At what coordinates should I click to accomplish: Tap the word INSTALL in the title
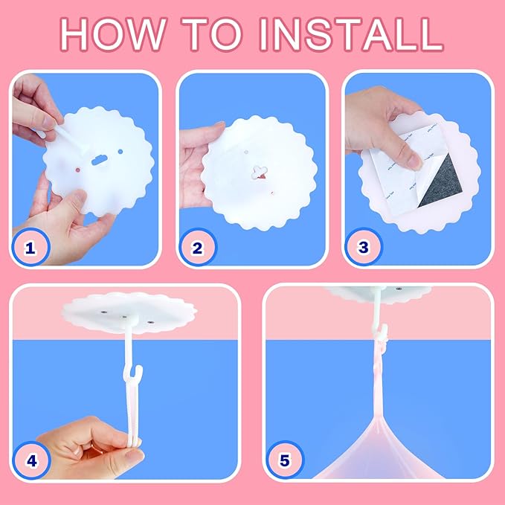pyautogui.click(x=352, y=34)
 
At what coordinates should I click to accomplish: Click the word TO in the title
pyautogui.click(x=213, y=34)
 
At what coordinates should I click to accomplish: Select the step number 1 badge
pyautogui.click(x=30, y=248)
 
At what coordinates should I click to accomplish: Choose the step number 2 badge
pyautogui.click(x=197, y=248)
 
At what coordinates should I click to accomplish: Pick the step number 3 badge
pyautogui.click(x=363, y=247)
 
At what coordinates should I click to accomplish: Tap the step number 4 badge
pyautogui.click(x=31, y=460)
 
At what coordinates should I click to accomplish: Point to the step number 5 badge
pyautogui.click(x=285, y=460)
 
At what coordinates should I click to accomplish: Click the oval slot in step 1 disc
pyautogui.click(x=100, y=160)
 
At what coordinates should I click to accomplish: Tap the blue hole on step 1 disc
pyautogui.click(x=120, y=152)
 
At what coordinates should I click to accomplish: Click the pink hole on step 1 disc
pyautogui.click(x=77, y=170)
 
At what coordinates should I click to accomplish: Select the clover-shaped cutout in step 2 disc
pyautogui.click(x=260, y=172)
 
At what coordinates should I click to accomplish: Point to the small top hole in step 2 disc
pyautogui.click(x=246, y=152)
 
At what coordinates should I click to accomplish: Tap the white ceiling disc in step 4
pyautogui.click(x=129, y=312)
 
